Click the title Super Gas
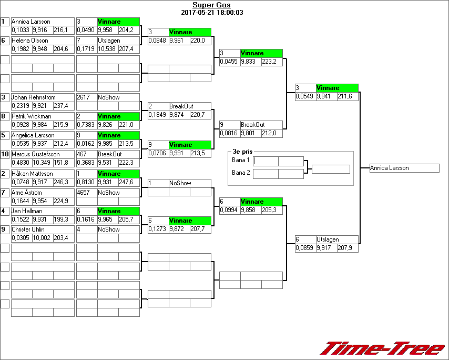point(211,5)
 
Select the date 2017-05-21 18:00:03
point(211,12)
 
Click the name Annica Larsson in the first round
point(31,22)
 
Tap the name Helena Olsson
point(29,41)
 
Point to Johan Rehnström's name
point(33,97)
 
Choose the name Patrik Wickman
point(32,116)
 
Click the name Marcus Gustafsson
point(34,154)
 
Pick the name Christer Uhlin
point(28,229)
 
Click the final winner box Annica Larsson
point(404,168)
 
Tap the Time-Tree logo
point(382,348)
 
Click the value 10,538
point(107,49)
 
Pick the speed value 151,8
point(61,162)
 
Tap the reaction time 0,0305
point(21,238)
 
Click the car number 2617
point(84,97)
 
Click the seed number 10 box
point(5,154)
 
